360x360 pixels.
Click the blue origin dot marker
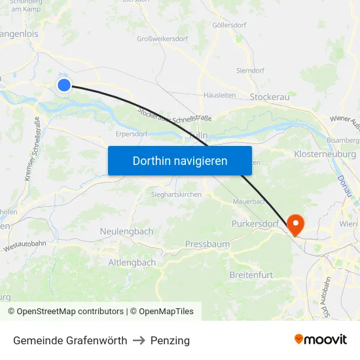point(64,84)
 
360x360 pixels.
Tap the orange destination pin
point(295,225)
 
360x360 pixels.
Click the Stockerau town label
point(270,97)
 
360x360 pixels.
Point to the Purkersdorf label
point(255,224)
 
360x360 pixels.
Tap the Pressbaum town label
point(207,244)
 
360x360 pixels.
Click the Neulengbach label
point(126,232)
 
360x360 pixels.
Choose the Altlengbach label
point(132,262)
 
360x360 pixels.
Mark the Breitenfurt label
point(251,275)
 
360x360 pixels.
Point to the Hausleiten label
point(219,95)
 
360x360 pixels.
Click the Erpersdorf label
point(131,134)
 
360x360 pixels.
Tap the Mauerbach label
point(248,202)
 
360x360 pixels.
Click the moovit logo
point(321,340)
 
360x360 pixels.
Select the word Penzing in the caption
point(170,340)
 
